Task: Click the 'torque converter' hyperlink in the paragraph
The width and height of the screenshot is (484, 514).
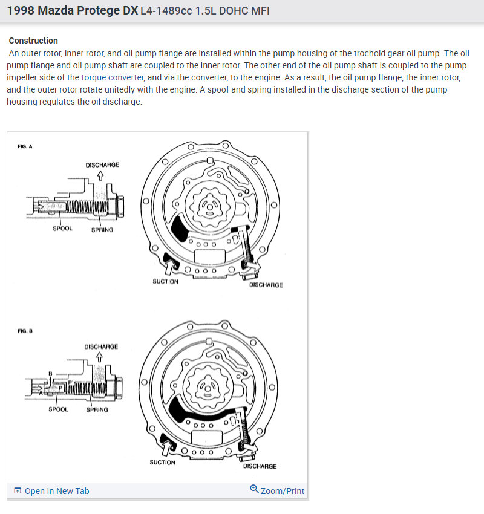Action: pyautogui.click(x=113, y=77)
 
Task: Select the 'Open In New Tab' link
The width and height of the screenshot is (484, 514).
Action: pyautogui.click(x=56, y=491)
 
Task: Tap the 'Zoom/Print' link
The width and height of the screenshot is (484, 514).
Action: pyautogui.click(x=282, y=491)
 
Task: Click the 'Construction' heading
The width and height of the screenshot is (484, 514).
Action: pyautogui.click(x=33, y=41)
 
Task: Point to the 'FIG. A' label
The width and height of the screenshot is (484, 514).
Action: pyautogui.click(x=25, y=146)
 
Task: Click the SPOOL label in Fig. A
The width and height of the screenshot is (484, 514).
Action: pyautogui.click(x=62, y=229)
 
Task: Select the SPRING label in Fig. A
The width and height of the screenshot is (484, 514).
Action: pyautogui.click(x=102, y=230)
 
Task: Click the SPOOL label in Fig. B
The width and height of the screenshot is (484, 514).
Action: pyautogui.click(x=58, y=409)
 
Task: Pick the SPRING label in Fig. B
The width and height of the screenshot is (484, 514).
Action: pyautogui.click(x=97, y=409)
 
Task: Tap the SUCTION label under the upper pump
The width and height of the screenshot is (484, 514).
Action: pyautogui.click(x=165, y=281)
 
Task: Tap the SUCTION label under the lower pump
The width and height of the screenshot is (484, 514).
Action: pyautogui.click(x=162, y=463)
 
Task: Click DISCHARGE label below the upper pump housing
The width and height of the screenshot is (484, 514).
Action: pyautogui.click(x=266, y=285)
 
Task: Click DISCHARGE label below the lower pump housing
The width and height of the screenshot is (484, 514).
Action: pyautogui.click(x=260, y=466)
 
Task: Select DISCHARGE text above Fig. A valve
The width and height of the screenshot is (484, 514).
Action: pyautogui.click(x=102, y=164)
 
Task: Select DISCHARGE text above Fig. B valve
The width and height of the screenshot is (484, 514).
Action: pyautogui.click(x=101, y=346)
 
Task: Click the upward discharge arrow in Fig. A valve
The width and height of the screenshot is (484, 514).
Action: pyautogui.click(x=100, y=175)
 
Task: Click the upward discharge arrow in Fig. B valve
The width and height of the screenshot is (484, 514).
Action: pyautogui.click(x=99, y=357)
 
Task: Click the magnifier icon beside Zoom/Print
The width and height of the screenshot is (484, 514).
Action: pyautogui.click(x=254, y=489)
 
